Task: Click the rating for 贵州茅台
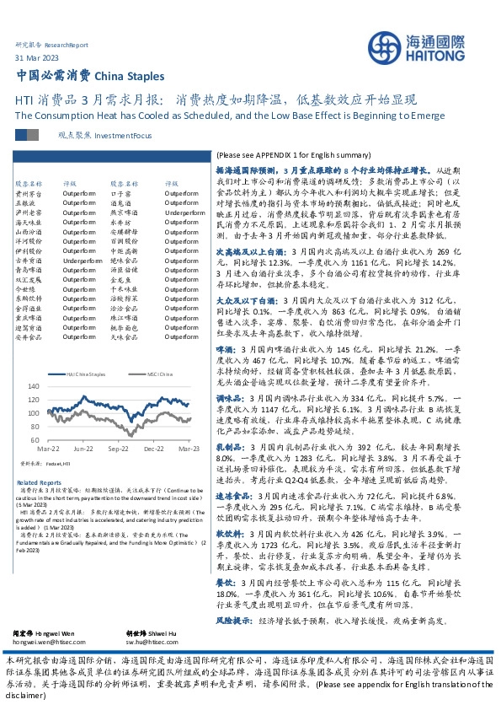80,193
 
